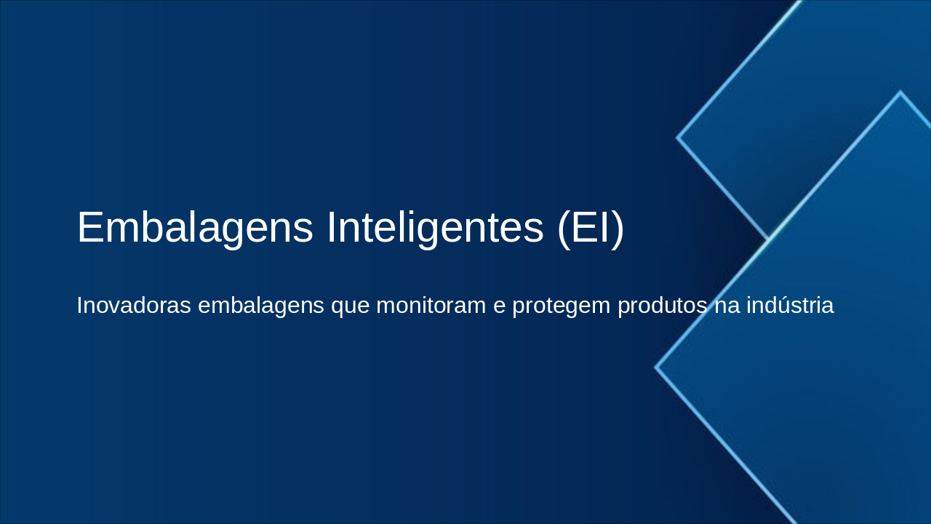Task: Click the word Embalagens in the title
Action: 195,227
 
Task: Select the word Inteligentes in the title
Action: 435,227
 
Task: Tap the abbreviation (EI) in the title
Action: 591,227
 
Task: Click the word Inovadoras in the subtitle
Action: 133,306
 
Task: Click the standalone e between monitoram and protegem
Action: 499,306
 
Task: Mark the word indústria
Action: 790,306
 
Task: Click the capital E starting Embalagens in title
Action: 89,227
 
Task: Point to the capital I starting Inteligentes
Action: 331,227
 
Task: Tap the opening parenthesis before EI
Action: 563,229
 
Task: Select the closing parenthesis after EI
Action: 619,229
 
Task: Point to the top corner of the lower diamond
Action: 900,93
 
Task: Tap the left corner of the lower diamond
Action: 657,368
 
